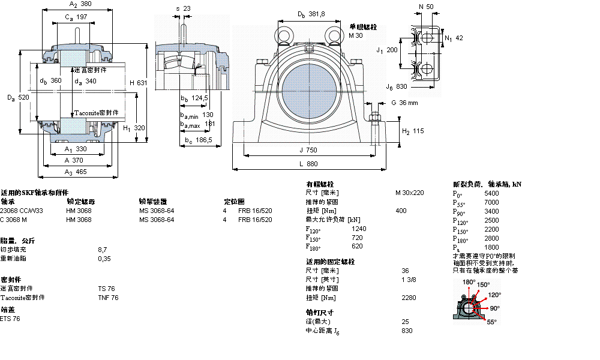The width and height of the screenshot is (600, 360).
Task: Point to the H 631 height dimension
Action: tap(138, 82)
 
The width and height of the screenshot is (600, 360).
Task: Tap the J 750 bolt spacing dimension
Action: tap(309, 150)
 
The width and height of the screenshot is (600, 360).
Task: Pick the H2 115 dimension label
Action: tap(413, 131)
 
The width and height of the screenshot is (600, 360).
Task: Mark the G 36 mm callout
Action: tap(404, 103)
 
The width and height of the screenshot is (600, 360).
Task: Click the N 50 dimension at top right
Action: tap(430, 7)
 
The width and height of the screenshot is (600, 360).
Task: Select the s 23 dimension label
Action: tap(183, 8)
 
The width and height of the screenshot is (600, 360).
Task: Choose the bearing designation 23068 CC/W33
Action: tap(22, 211)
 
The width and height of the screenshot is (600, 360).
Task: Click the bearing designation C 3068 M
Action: tap(13, 220)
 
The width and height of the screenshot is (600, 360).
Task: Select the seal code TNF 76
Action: tap(108, 298)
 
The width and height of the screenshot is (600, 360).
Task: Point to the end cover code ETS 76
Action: tap(10, 319)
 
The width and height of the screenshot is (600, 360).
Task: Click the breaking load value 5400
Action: tap(491, 193)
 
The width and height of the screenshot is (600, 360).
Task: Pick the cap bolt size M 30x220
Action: tap(409, 193)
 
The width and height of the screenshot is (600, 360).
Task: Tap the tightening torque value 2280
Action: tap(408, 298)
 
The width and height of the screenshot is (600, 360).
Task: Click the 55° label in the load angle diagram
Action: tap(492, 322)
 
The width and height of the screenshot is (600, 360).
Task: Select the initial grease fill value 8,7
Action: tap(103, 249)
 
